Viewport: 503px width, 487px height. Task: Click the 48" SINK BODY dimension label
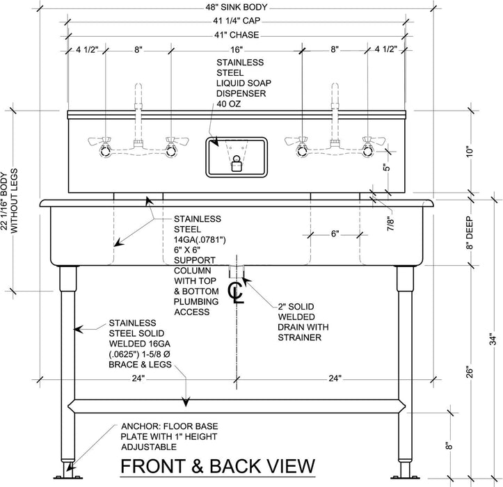(237, 7)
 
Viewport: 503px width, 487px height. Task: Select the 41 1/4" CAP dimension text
(237, 21)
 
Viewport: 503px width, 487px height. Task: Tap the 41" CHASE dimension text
(237, 35)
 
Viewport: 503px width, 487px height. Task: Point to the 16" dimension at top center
(237, 49)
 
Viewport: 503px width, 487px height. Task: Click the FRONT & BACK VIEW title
(218, 466)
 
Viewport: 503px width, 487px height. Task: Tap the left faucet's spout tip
(138, 86)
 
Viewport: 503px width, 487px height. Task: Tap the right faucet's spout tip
(335, 86)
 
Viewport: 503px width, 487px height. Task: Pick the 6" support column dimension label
(335, 234)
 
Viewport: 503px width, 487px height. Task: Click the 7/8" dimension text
(390, 224)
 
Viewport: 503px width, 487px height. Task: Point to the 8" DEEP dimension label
(470, 233)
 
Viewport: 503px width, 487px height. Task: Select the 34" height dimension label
(493, 340)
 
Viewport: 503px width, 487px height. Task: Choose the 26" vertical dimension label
(470, 372)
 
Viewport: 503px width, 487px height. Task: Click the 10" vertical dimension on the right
(470, 152)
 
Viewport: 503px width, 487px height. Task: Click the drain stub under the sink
(237, 271)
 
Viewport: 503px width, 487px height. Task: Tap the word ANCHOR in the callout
(141, 426)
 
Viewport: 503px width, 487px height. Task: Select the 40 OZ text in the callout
(228, 104)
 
